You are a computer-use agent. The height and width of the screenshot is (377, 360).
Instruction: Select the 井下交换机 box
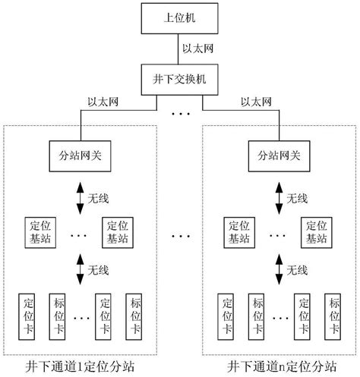pos(179,77)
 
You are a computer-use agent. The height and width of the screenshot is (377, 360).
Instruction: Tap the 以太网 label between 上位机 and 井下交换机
pos(199,47)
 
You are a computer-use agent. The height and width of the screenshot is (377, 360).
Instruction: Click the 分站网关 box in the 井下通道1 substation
pos(81,156)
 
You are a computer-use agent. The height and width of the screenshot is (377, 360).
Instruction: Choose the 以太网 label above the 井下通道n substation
pos(256,101)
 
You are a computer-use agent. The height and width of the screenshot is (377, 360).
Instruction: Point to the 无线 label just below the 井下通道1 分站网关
pos(99,198)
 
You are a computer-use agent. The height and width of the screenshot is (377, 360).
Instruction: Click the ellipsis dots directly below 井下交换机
pos(179,116)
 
